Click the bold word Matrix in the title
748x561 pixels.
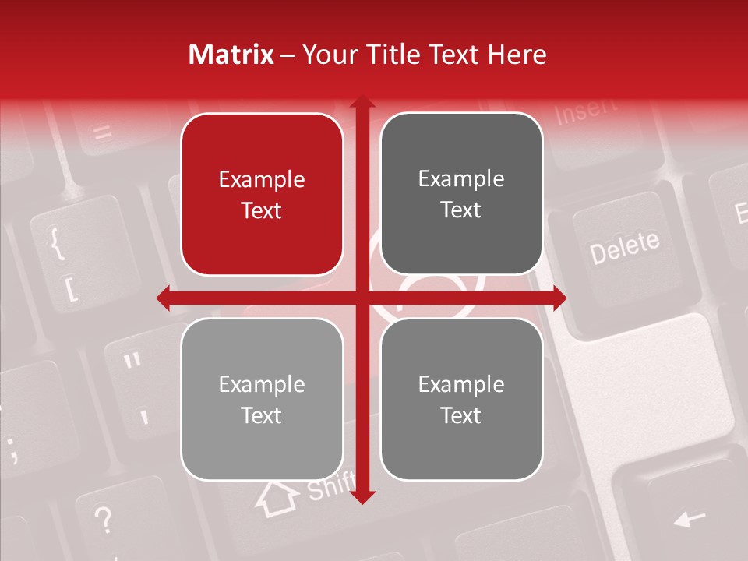231,55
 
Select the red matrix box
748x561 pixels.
262,195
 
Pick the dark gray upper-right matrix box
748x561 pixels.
461,194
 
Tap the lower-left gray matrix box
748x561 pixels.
262,399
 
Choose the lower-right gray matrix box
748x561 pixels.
461,399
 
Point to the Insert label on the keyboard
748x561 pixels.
586,111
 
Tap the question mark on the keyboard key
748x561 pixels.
103,517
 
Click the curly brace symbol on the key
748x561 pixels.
56,243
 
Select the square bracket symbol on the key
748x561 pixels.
71,289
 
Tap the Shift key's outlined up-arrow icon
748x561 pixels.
277,498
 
